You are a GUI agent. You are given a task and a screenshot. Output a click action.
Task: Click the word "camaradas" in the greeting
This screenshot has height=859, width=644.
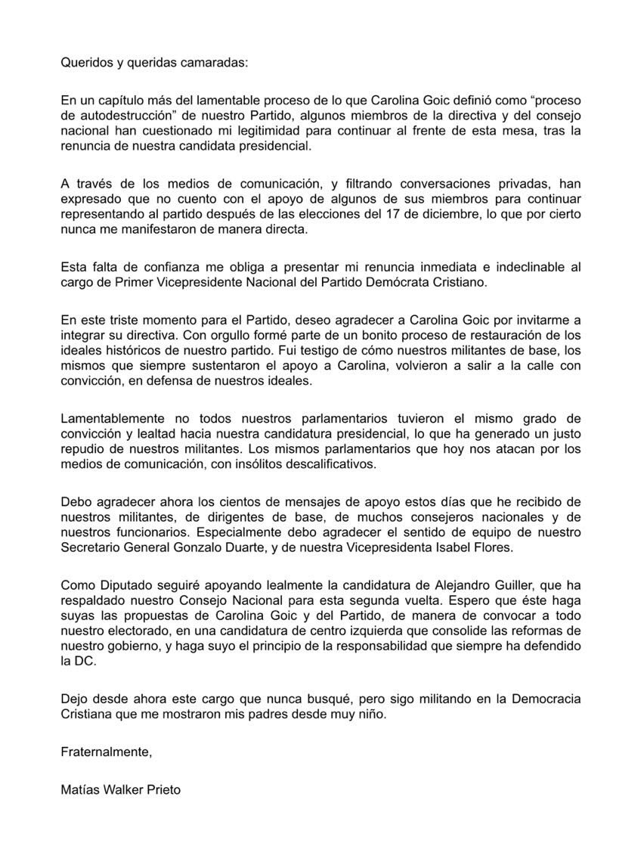(215, 64)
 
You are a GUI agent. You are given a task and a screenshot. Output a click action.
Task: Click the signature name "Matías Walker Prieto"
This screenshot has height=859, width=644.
(121, 789)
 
